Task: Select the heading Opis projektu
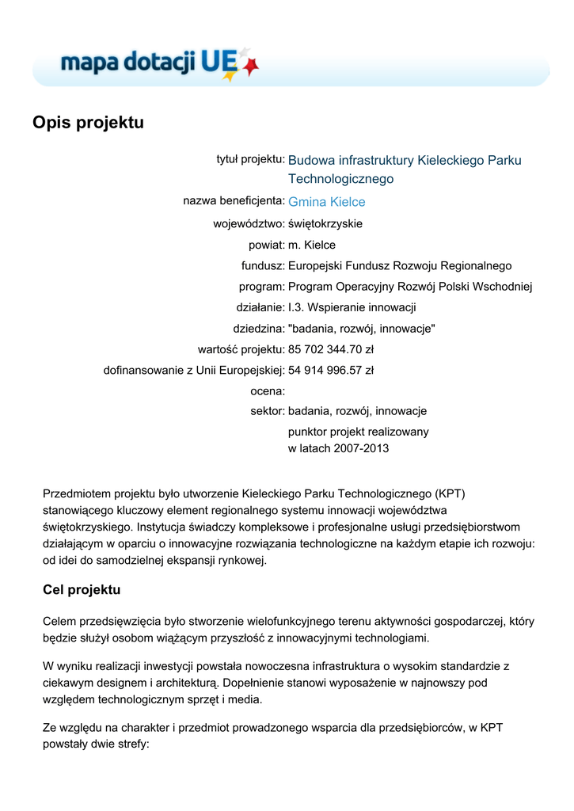(88, 123)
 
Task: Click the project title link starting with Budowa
(405, 161)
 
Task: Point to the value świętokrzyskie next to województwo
(325, 224)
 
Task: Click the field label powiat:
(266, 245)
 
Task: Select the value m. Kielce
(311, 245)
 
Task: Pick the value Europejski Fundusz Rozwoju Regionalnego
(400, 266)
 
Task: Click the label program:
(261, 287)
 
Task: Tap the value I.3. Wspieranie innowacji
(352, 307)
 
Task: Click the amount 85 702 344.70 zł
(331, 349)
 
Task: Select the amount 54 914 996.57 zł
(331, 370)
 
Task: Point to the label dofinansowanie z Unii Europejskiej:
(194, 370)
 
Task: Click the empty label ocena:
(267, 390)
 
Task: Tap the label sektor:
(267, 411)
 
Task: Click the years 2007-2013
(362, 448)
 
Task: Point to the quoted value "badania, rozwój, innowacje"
(361, 328)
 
